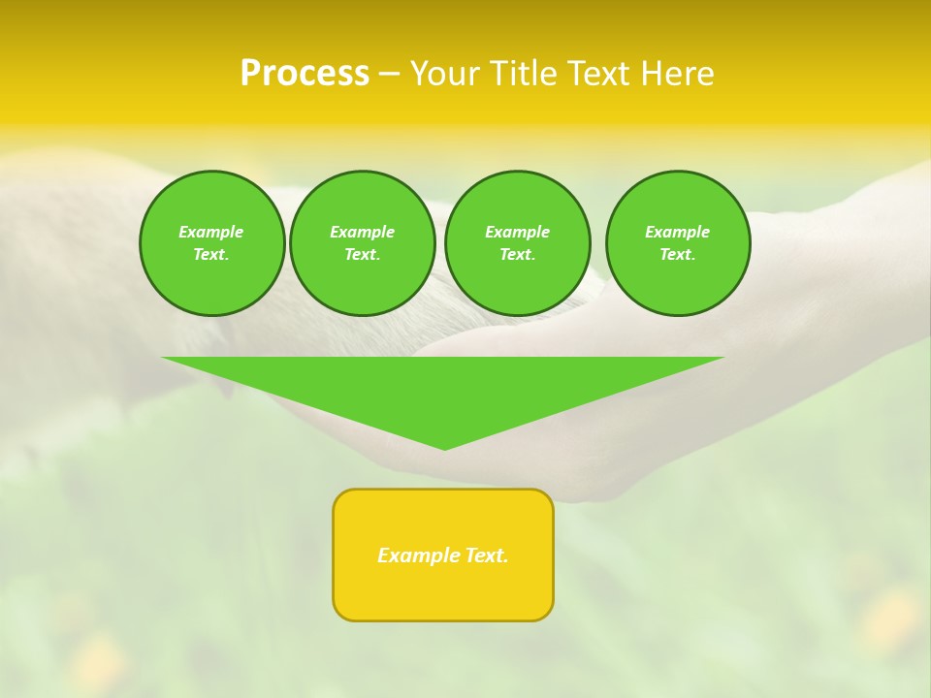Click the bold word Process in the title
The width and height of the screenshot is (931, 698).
[x=305, y=74]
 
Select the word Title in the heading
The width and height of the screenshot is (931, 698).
[x=519, y=74]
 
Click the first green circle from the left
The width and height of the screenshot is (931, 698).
[x=211, y=243]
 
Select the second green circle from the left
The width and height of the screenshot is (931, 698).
[x=362, y=243]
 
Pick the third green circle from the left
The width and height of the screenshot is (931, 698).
[x=517, y=243]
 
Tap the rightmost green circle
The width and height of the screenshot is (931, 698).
[x=678, y=243]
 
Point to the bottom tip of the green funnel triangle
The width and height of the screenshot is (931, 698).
[x=445, y=447]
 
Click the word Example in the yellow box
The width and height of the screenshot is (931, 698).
[x=417, y=555]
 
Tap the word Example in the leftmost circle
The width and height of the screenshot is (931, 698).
[x=211, y=232]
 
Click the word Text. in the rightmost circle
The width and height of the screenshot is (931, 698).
[x=678, y=255]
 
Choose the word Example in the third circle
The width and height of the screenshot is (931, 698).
[x=517, y=232]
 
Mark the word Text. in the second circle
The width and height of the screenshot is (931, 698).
[x=362, y=255]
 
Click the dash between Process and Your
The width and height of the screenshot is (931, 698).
[x=389, y=75]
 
